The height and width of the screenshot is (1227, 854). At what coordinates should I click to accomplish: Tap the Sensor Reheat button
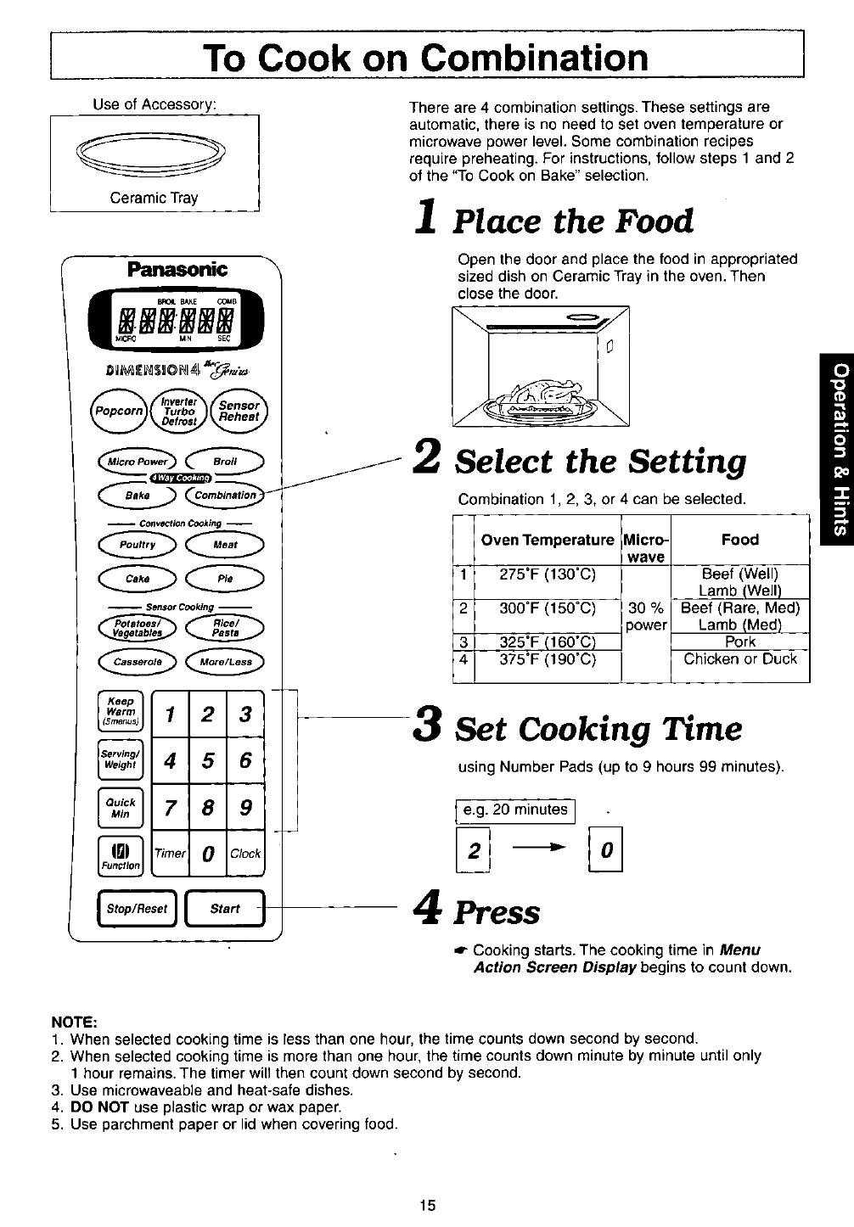tap(239, 412)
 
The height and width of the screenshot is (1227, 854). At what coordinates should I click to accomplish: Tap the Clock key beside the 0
tap(245, 853)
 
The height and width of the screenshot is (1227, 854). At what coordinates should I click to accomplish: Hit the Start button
tap(225, 909)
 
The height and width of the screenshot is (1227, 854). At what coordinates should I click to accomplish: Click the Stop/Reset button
tap(138, 909)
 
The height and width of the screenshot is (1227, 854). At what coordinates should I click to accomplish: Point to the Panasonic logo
tap(176, 270)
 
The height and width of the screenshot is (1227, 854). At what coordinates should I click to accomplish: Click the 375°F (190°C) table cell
tap(548, 659)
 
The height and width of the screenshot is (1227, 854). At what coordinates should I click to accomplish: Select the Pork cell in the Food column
tap(739, 642)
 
